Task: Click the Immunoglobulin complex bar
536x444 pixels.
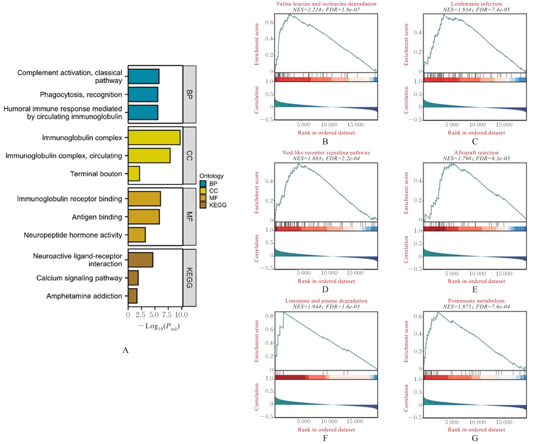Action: click(154, 138)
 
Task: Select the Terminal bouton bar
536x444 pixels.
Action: click(134, 174)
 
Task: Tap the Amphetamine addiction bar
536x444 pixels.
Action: click(133, 296)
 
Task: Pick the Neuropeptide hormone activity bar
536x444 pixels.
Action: click(137, 235)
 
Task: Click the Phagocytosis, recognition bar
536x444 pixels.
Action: click(143, 95)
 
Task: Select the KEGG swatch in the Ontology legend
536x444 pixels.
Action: click(203, 205)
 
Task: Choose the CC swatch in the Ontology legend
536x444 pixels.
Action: click(203, 191)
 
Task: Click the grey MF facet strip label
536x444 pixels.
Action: click(189, 217)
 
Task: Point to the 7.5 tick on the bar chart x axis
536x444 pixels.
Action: click(167, 315)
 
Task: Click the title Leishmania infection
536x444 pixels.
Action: click(476, 4)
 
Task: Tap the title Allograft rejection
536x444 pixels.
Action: click(476, 153)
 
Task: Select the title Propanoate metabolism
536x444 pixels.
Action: click(476, 301)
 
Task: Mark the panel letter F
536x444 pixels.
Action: click(325, 438)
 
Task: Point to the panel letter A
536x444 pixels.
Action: click(125, 350)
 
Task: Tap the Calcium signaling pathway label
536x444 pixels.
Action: click(79, 278)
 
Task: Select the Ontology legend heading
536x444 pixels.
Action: click(211, 176)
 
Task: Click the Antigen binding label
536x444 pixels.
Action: click(97, 217)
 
